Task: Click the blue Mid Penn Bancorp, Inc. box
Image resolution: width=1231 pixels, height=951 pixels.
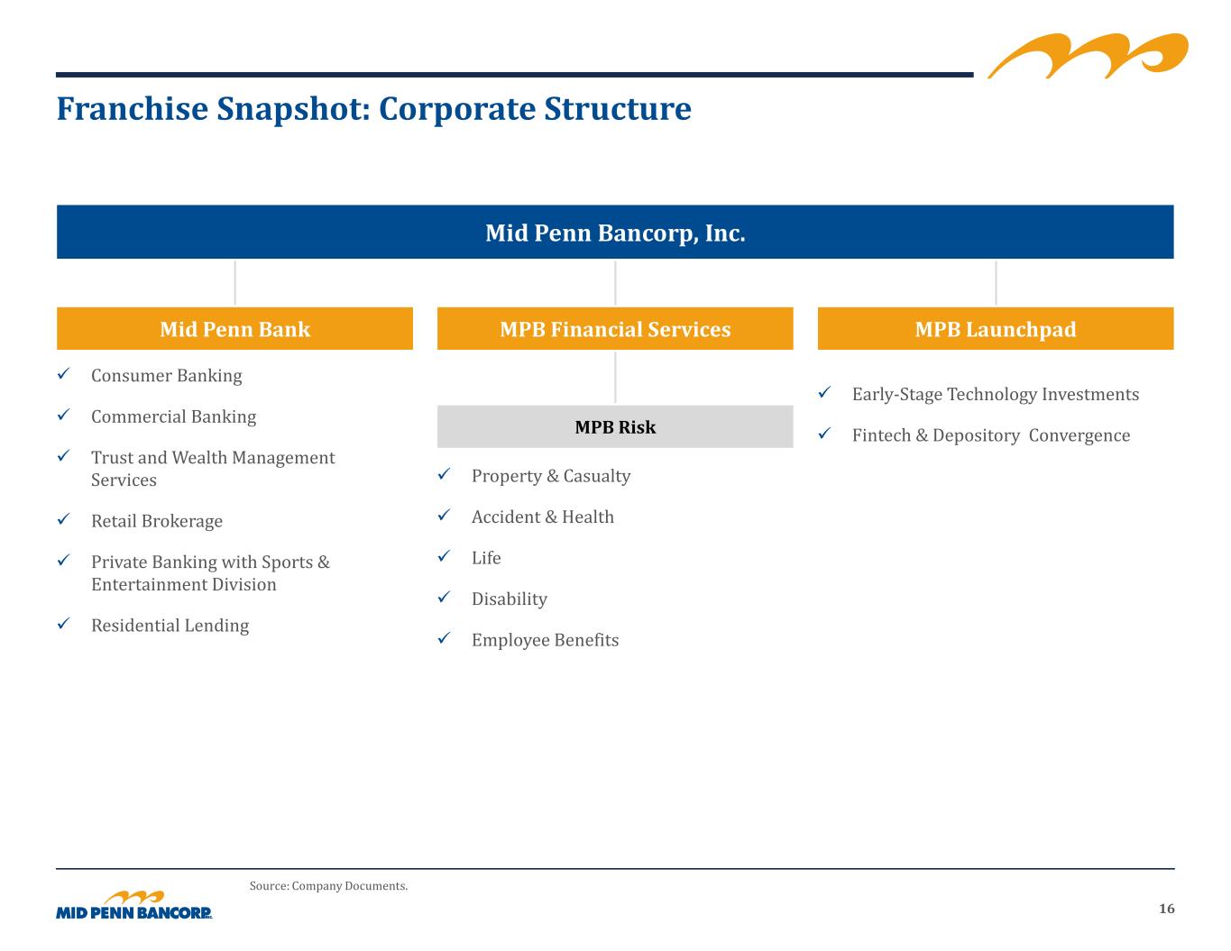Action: [615, 232]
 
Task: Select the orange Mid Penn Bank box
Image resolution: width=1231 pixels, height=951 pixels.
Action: [234, 328]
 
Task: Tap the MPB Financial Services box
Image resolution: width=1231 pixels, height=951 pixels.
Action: [615, 328]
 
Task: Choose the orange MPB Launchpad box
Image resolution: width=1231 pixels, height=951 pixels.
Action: [996, 328]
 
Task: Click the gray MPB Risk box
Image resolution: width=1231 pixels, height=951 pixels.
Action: [615, 426]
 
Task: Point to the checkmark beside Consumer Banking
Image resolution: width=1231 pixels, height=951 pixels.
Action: [63, 373]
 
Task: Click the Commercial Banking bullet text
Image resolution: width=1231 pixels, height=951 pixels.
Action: [174, 416]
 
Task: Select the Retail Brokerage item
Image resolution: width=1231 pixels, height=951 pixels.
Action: [157, 521]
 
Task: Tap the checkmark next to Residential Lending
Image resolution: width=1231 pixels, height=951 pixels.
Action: [63, 623]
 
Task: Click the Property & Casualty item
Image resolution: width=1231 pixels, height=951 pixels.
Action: [551, 476]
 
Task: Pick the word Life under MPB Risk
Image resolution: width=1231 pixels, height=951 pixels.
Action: [486, 558]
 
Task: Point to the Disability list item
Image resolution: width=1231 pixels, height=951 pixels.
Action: [510, 599]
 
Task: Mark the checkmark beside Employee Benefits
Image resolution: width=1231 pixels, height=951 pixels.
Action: [444, 638]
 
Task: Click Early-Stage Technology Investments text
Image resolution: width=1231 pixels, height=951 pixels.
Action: [996, 394]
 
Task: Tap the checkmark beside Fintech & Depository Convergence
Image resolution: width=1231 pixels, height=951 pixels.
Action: [824, 434]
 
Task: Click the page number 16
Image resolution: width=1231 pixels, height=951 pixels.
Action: [1166, 909]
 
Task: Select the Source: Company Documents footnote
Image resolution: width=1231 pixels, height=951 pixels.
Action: [328, 886]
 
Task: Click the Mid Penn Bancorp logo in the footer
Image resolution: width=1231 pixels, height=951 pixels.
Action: [134, 905]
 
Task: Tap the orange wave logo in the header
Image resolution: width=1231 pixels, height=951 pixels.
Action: [1088, 55]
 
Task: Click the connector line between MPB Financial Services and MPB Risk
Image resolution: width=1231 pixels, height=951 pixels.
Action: [615, 378]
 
